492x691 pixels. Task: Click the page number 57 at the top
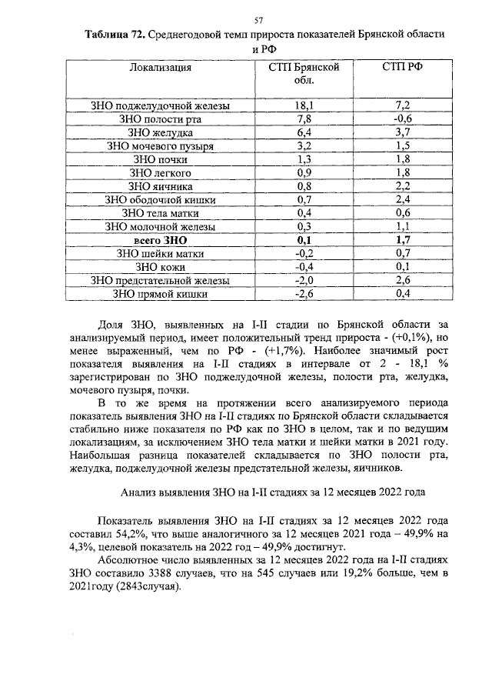click(x=259, y=20)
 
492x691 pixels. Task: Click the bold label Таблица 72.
click(x=115, y=36)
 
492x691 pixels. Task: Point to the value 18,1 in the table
click(x=304, y=105)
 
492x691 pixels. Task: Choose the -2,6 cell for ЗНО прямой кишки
click(x=304, y=294)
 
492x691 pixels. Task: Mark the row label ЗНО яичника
click(x=160, y=186)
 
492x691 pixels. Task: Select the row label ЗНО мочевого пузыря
click(x=160, y=145)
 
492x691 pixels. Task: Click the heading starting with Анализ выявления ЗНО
click(x=270, y=492)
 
